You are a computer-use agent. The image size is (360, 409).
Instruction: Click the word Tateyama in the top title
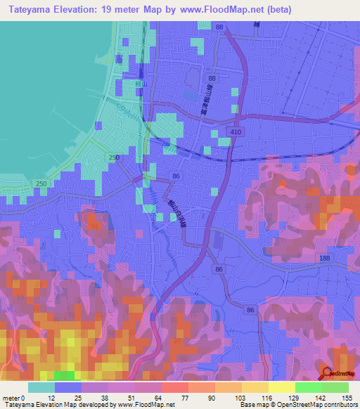(x=31, y=10)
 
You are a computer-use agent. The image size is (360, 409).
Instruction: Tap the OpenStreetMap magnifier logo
(x=326, y=375)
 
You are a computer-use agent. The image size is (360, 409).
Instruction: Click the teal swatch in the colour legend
(x=41, y=387)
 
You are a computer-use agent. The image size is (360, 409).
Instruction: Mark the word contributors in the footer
(x=337, y=405)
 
